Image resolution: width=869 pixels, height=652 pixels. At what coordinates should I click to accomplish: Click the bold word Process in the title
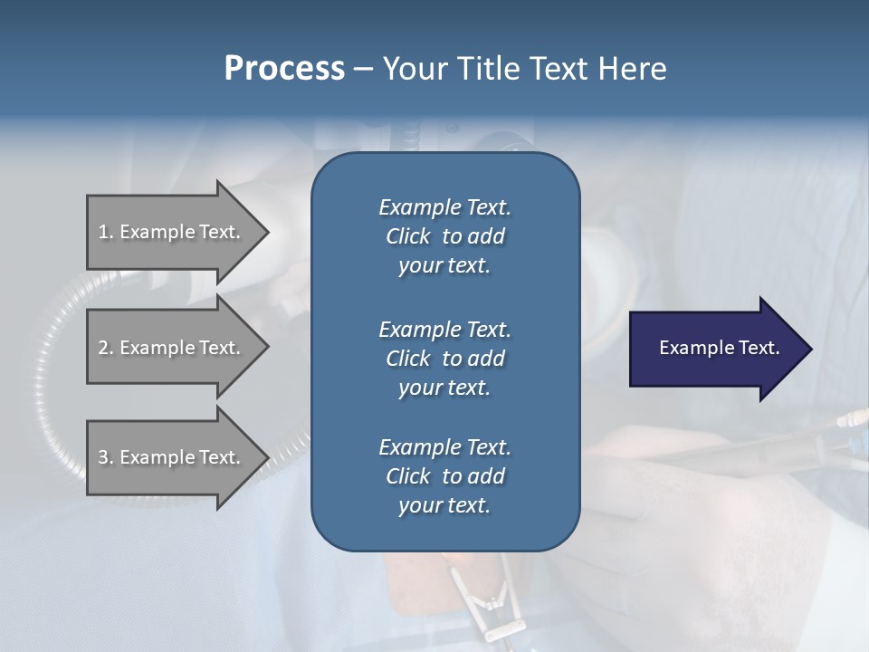point(284,69)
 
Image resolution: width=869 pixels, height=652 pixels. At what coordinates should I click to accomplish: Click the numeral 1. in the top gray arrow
point(106,232)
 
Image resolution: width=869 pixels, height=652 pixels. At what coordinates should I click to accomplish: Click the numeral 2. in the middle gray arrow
point(106,348)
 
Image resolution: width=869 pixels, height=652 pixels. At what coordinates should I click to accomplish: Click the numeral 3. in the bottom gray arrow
point(106,457)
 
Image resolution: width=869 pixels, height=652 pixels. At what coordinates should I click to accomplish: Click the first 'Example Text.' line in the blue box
point(444,207)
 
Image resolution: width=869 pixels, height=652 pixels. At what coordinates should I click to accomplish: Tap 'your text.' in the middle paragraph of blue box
point(444,388)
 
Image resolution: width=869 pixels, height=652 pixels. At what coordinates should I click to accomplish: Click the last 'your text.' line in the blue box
point(444,505)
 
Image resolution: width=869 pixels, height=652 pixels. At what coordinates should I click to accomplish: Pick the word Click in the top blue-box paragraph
point(408,236)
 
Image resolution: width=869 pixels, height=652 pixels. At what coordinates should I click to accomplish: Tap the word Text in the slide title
point(562,69)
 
